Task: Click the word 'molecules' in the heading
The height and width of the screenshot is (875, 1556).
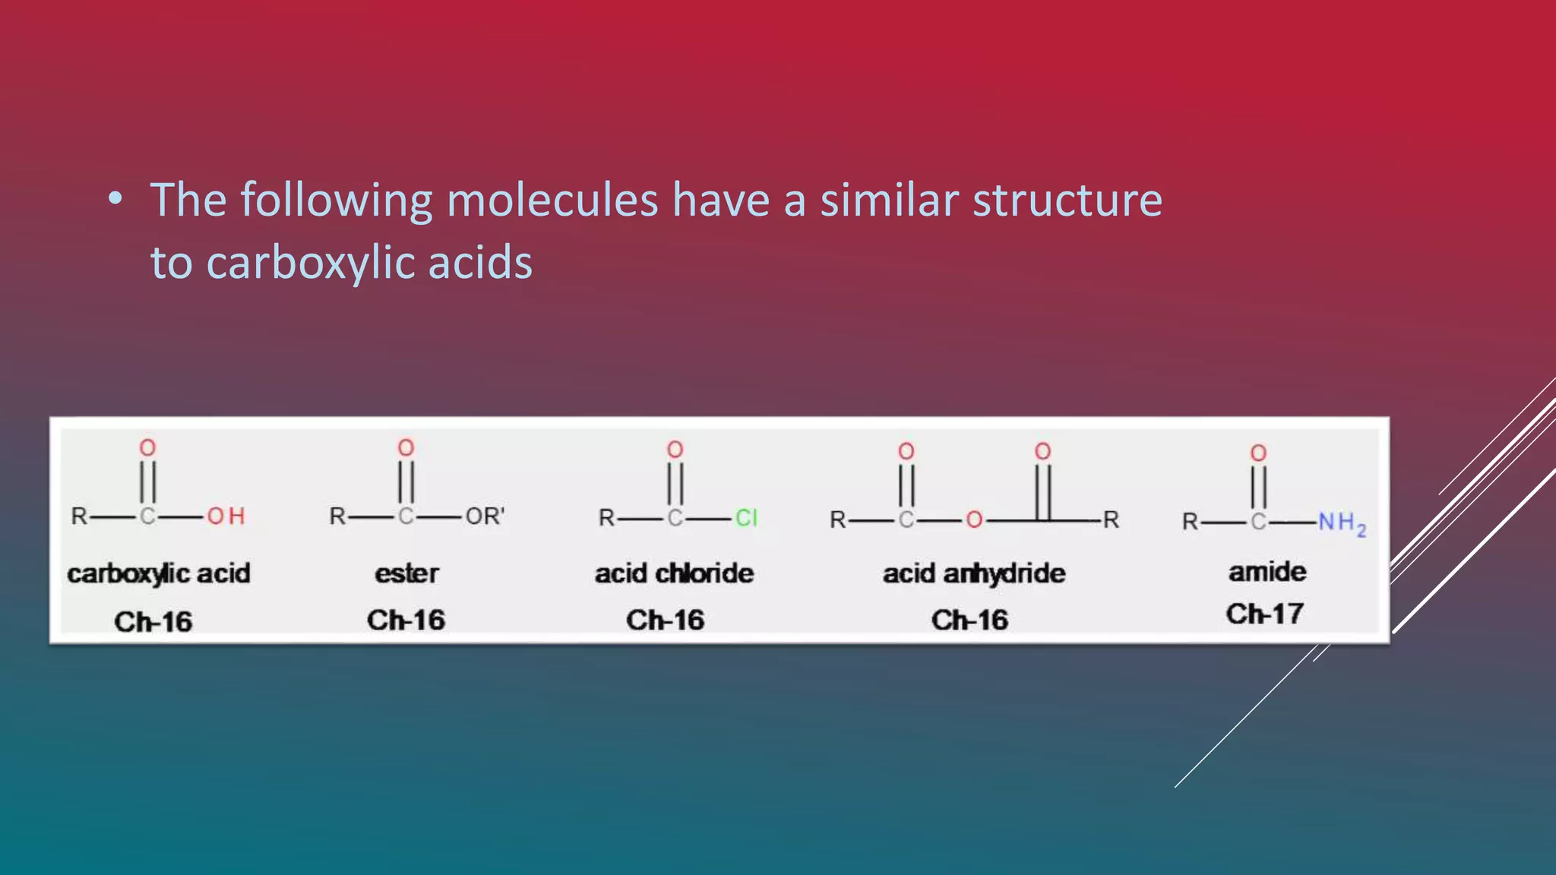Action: [552, 201]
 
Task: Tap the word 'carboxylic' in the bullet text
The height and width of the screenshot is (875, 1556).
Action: [309, 264]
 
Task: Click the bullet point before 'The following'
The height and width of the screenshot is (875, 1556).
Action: [115, 199]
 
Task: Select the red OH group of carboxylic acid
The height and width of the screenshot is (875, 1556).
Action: [226, 516]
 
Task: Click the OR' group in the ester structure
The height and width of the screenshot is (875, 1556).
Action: [485, 516]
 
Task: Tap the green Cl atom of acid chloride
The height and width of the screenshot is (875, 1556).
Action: [746, 518]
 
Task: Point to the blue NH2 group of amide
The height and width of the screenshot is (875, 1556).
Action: [1342, 523]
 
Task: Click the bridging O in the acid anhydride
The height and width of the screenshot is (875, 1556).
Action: [974, 520]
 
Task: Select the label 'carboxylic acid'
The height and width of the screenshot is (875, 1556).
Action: [158, 573]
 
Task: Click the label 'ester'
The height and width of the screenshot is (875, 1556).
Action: [406, 573]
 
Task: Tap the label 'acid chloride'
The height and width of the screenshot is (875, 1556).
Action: [674, 573]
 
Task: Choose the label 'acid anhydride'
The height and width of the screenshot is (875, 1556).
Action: [973, 573]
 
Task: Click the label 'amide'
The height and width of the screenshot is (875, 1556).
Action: [1267, 571]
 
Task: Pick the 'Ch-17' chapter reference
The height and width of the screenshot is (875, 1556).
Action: [1265, 614]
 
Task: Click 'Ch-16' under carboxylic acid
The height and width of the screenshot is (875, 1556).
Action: [153, 621]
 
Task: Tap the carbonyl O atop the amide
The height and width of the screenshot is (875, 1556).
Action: [1258, 453]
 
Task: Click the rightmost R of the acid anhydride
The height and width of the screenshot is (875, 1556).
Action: [1111, 520]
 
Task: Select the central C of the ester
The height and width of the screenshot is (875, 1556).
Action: [406, 516]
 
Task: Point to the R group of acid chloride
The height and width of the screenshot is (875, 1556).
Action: [606, 518]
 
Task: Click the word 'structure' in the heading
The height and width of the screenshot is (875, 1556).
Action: [1067, 201]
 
